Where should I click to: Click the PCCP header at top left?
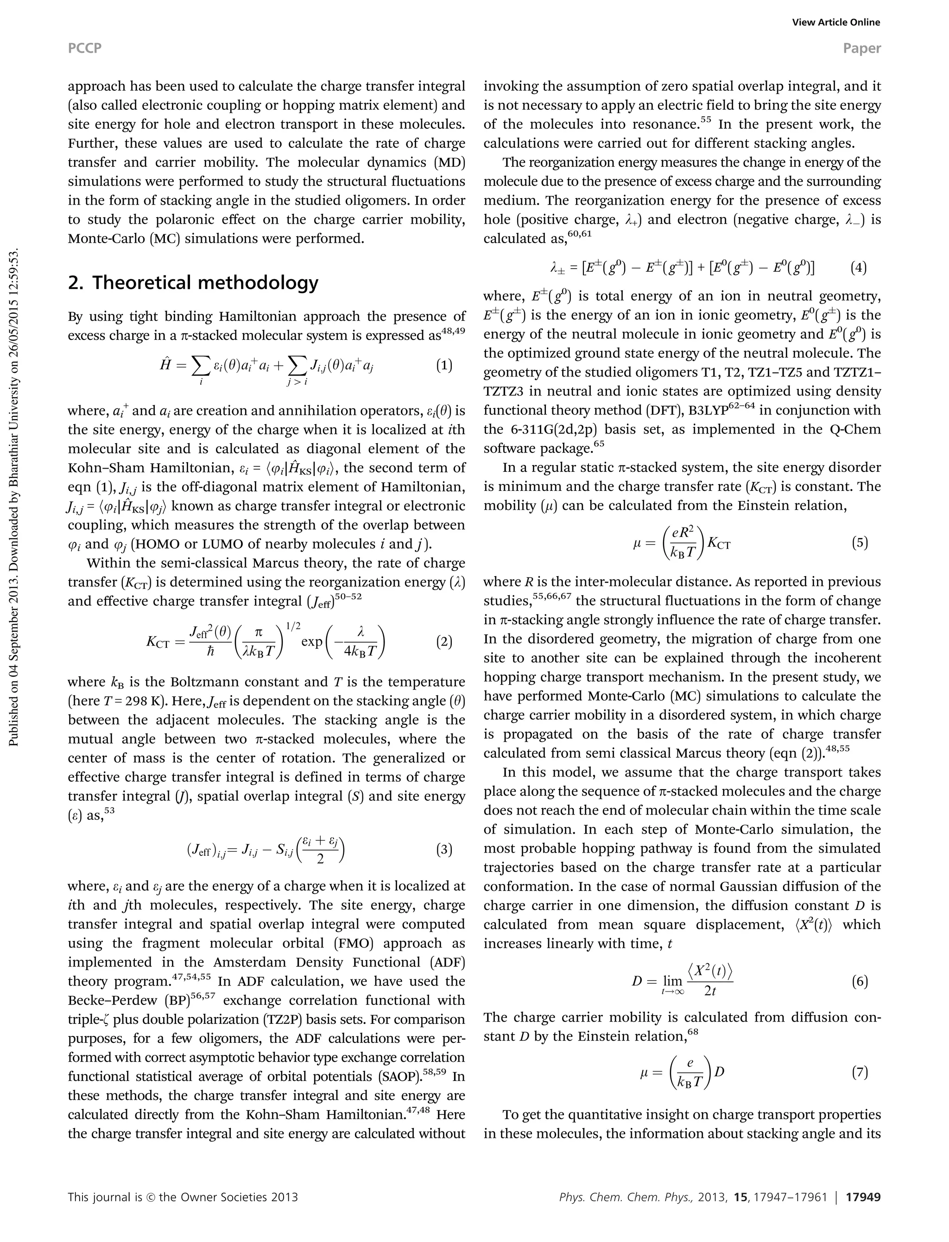(x=85, y=49)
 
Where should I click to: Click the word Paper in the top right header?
(x=861, y=49)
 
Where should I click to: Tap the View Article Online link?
(x=835, y=23)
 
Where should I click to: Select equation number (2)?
(x=444, y=642)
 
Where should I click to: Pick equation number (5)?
(x=859, y=543)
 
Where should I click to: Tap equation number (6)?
(x=859, y=982)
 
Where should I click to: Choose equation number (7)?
(x=859, y=1072)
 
